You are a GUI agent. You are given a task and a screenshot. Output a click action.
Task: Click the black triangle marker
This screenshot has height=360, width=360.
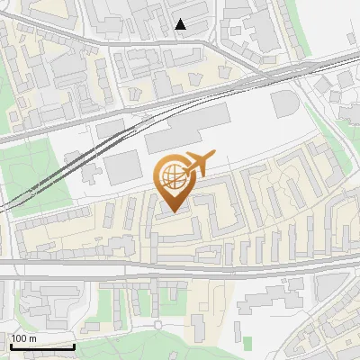click(181, 24)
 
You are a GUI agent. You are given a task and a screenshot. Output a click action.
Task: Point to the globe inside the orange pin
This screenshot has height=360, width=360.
click(172, 175)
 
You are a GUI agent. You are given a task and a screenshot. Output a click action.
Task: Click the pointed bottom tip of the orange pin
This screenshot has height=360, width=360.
click(172, 211)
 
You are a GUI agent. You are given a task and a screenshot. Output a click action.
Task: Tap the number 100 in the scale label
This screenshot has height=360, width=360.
click(20, 338)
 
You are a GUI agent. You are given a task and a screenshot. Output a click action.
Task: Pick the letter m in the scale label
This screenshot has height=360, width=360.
click(32, 338)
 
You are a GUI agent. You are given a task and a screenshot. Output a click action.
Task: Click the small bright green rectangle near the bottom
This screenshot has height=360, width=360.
click(248, 341)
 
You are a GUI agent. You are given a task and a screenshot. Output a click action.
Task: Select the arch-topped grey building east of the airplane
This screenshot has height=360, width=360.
click(284, 103)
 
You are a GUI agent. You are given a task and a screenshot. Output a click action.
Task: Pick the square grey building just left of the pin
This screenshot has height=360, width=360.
click(122, 167)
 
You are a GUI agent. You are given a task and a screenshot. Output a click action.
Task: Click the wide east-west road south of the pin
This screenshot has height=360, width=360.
click(180, 266)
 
